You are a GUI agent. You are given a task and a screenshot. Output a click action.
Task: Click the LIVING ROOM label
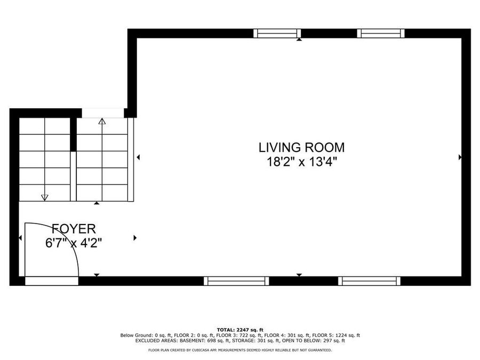[301, 147]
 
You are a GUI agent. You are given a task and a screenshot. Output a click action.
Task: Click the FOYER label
[74, 229]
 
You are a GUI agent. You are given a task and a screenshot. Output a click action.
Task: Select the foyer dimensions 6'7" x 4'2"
[74, 243]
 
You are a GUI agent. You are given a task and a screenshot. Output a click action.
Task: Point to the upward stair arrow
[102, 121]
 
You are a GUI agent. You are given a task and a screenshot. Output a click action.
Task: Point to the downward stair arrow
[45, 197]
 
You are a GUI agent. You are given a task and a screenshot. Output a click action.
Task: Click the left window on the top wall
[277, 34]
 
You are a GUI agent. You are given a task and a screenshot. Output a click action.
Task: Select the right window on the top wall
[381, 34]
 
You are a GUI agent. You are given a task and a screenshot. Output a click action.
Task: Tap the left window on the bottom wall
[236, 281]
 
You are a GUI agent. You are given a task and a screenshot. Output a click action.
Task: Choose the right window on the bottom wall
[369, 281]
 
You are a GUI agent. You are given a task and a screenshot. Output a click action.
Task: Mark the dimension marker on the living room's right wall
[460, 157]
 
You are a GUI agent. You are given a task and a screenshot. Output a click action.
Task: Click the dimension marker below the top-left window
[299, 39]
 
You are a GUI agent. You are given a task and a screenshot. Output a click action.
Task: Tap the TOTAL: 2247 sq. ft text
[240, 330]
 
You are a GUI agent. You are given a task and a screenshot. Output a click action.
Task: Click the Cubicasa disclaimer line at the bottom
[240, 350]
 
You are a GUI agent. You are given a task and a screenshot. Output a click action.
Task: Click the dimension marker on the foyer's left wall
[21, 238]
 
